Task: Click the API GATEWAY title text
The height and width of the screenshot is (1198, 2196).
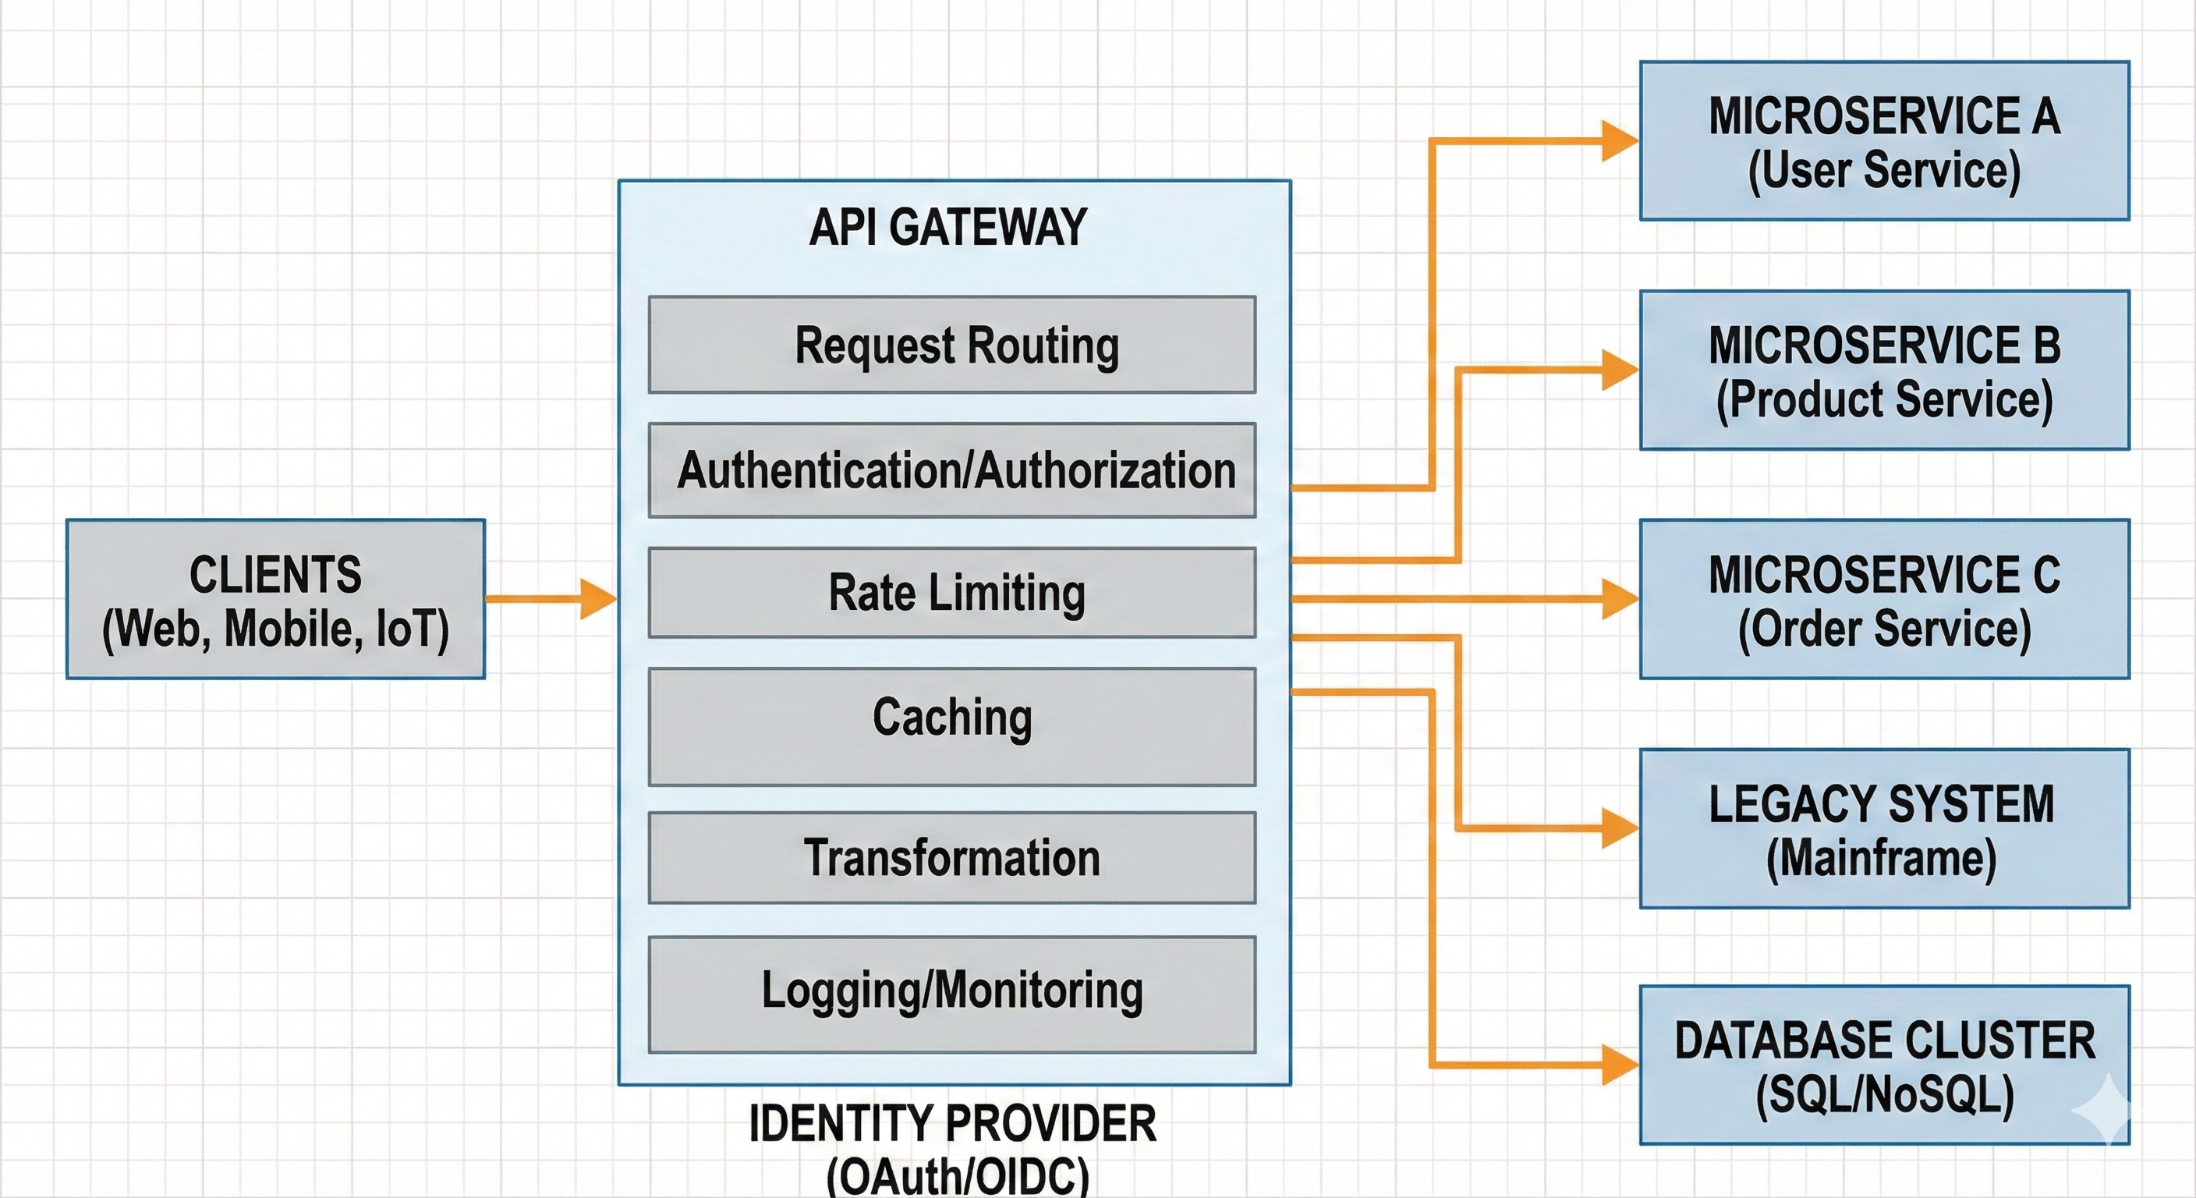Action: coord(948,228)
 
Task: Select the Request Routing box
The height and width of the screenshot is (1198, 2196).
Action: coord(951,345)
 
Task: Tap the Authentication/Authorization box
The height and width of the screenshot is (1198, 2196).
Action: coord(951,470)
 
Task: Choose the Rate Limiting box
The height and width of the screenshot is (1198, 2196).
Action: coord(951,593)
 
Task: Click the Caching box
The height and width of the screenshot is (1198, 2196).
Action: coord(951,725)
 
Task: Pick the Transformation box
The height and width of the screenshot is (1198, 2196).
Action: coord(951,857)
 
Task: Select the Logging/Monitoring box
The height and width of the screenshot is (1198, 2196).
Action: coord(951,994)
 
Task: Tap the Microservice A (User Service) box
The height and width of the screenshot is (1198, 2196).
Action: coord(1884,140)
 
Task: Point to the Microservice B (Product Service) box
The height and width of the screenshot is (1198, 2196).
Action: coord(1884,370)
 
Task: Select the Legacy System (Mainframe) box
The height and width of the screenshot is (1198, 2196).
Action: coord(1884,828)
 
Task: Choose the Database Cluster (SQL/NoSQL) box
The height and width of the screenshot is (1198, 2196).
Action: coord(1884,1064)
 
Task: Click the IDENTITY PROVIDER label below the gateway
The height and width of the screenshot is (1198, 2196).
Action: coord(952,1124)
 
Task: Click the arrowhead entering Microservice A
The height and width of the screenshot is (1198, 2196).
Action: coord(1619,140)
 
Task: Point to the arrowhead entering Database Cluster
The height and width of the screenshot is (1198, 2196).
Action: coord(1619,1064)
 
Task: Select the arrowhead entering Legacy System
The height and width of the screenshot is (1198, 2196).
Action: coord(1619,828)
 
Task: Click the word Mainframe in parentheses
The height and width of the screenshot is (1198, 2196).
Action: coord(1882,859)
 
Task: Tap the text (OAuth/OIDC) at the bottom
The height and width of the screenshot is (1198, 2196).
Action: coord(958,1178)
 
